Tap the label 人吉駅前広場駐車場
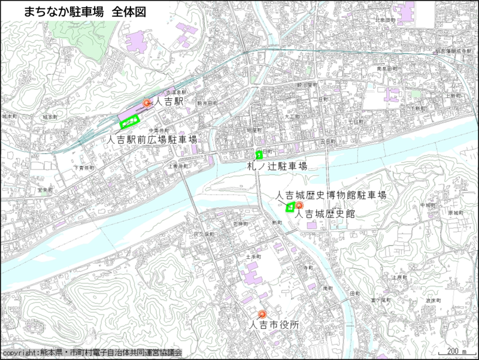pyautogui.click(x=153, y=139)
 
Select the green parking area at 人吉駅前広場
pyautogui.click(x=129, y=123)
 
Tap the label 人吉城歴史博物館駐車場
pyautogui.click(x=331, y=196)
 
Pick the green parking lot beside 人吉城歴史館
pyautogui.click(x=289, y=208)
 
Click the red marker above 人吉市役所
pyautogui.click(x=262, y=314)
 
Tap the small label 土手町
pyautogui.click(x=251, y=256)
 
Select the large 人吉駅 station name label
pyautogui.click(x=170, y=102)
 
